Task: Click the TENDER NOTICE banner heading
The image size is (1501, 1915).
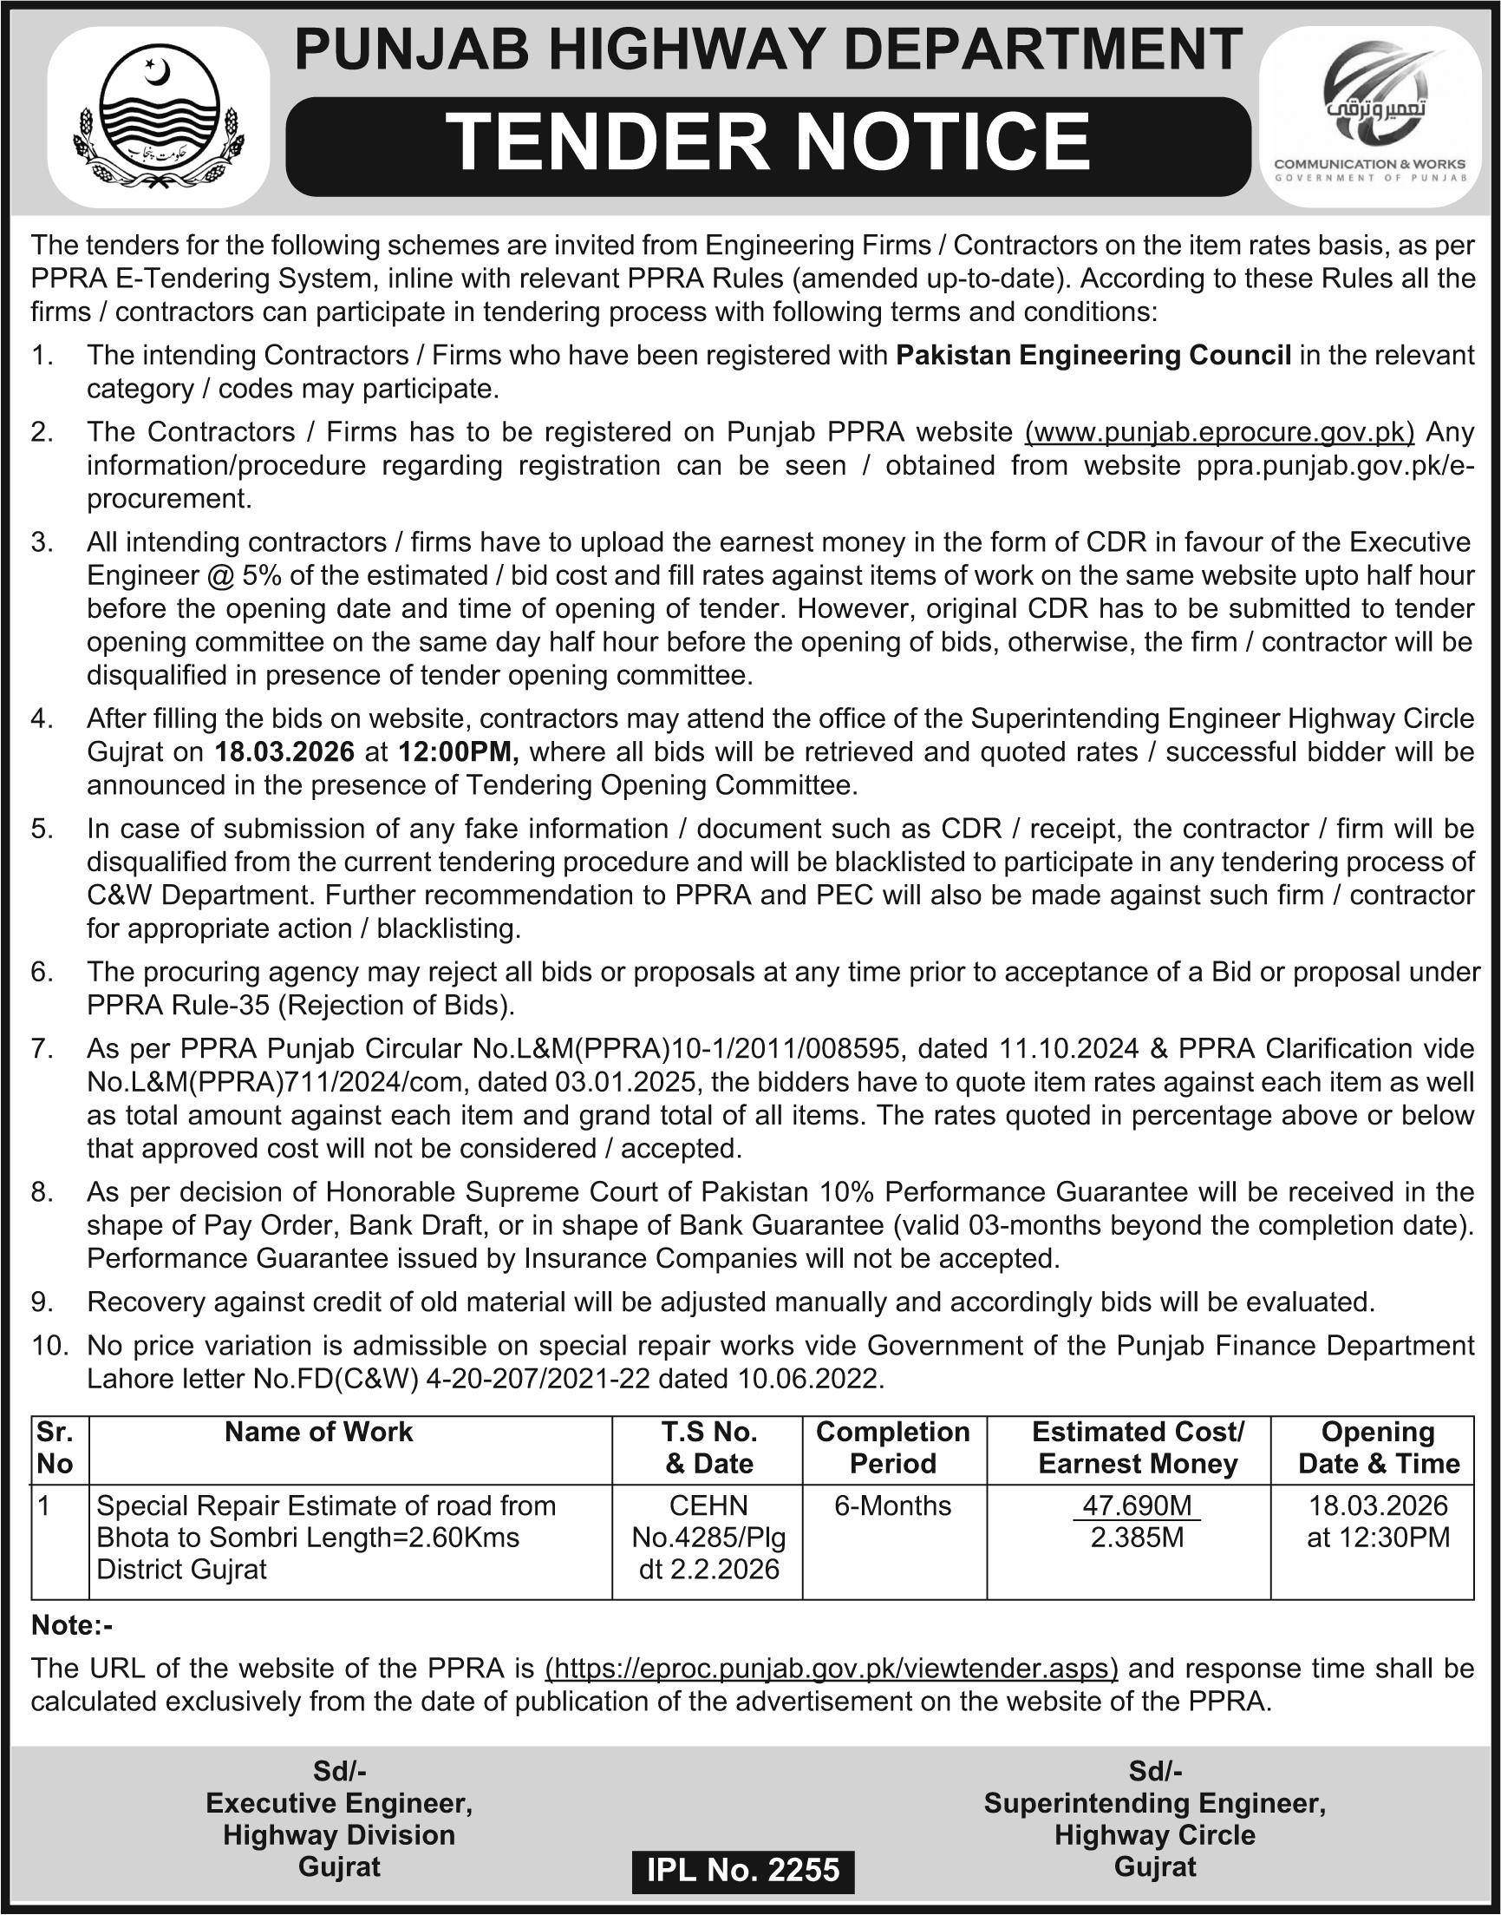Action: click(768, 144)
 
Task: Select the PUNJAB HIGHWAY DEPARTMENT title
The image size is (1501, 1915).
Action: click(768, 49)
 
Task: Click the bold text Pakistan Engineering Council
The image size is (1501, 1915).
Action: click(1093, 355)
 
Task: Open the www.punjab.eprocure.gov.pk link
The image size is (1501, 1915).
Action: click(1220, 432)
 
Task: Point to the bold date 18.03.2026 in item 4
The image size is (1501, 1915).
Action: click(284, 751)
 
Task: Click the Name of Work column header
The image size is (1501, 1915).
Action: click(318, 1432)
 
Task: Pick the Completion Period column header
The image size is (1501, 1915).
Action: click(893, 1447)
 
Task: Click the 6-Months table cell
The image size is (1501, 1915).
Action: click(893, 1505)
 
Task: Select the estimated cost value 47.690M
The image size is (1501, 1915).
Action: click(1137, 1505)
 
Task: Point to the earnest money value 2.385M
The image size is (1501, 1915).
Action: click(1137, 1537)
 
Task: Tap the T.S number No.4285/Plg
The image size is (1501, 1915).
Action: click(708, 1537)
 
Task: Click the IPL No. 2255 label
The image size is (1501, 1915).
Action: click(743, 1869)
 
